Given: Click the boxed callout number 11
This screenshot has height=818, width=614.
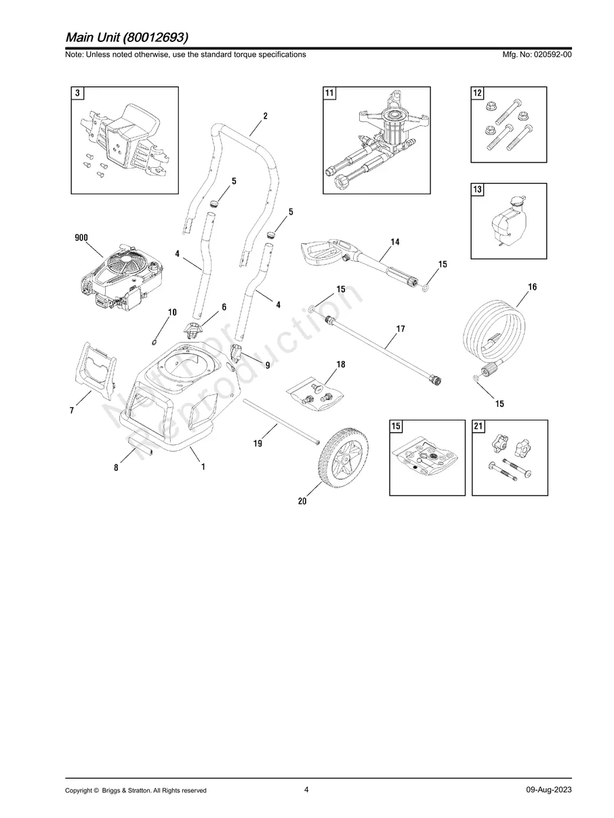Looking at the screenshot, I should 329,93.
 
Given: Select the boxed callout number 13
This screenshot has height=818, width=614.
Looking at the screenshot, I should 478,190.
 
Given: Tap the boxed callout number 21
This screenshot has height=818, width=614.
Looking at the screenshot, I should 478,427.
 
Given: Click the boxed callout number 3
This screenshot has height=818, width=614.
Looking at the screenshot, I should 79,93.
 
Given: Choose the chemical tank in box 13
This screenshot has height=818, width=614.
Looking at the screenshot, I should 506,221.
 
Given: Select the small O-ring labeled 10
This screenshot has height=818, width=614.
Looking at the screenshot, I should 155,341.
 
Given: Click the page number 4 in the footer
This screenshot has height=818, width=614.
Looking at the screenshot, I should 306,790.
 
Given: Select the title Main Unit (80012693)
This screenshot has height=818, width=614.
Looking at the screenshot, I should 127,36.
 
